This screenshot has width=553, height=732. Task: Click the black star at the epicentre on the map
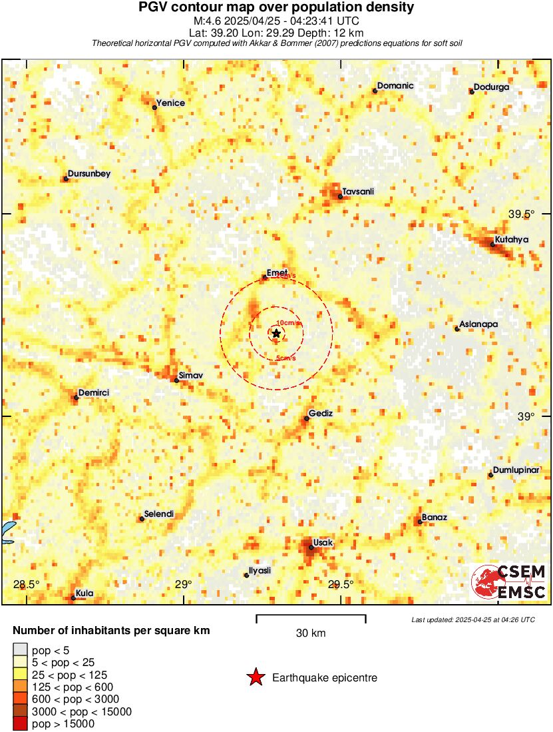tap(276, 333)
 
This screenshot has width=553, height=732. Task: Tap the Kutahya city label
tap(511, 240)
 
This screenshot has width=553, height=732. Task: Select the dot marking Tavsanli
tap(340, 196)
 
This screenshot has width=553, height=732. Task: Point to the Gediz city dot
tap(307, 418)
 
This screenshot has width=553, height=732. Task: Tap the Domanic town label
tap(395, 86)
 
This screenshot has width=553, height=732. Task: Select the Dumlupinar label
tap(516, 470)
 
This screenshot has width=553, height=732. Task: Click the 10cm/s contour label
tap(288, 323)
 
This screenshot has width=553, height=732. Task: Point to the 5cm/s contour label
tap(287, 359)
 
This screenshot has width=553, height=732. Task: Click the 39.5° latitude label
tap(521, 214)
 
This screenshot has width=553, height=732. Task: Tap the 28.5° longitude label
tap(27, 585)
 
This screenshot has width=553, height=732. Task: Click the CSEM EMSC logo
tap(509, 581)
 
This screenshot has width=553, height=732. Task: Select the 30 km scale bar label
tap(311, 633)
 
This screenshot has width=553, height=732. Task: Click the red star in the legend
tap(255, 677)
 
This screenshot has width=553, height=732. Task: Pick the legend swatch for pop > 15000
tap(20, 723)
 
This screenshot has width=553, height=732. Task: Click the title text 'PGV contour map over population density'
tap(276, 8)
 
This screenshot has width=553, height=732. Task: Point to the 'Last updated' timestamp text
tap(473, 619)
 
